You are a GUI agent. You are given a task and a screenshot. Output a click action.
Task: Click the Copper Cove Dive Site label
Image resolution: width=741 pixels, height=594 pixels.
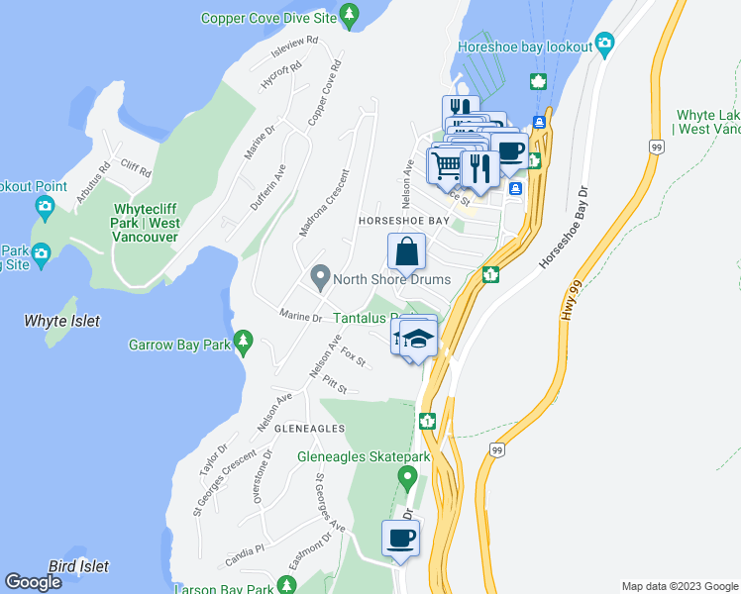coord(267,18)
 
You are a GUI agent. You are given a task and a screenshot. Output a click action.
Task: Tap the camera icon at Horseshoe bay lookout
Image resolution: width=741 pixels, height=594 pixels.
coord(605,45)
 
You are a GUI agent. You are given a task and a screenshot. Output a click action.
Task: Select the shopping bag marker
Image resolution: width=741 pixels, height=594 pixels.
coord(406,251)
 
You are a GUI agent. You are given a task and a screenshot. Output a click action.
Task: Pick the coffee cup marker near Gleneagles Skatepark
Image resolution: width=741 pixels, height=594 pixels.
coord(400,539)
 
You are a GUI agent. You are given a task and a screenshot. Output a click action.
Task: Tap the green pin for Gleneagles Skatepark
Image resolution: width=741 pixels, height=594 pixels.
coord(406,478)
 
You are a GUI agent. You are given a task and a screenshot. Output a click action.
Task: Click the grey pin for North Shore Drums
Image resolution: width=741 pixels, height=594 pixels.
coord(320,277)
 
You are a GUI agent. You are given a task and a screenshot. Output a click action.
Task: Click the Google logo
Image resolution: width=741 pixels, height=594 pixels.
coord(33,581)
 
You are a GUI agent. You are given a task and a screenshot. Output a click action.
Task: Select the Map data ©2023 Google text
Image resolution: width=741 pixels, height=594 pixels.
coord(679,586)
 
